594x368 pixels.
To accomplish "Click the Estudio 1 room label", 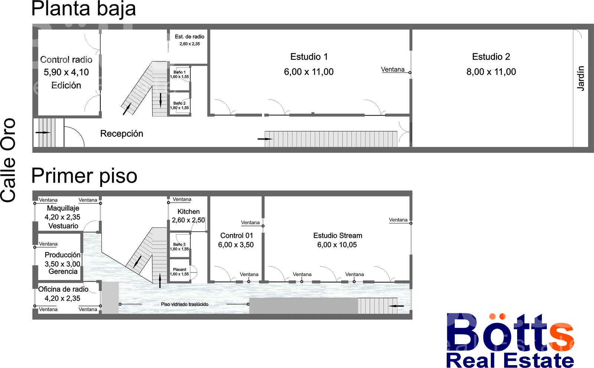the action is point(309,57).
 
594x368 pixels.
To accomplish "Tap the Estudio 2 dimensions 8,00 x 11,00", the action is point(491,72).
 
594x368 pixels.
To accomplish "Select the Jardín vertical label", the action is point(581,78).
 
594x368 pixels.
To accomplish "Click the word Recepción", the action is point(122,133).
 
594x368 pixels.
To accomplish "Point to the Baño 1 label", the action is point(180,72).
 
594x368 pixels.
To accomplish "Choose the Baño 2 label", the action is point(180,103).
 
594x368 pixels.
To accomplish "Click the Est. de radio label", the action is point(190,37).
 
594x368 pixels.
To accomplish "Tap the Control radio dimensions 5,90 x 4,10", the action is point(66,72).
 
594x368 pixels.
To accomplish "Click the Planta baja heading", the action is point(84,9).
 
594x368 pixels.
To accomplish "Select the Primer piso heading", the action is point(84,176).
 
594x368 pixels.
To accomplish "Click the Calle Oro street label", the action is point(8,160).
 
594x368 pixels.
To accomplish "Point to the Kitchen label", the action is point(189,212).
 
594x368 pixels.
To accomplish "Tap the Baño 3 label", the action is point(180,244).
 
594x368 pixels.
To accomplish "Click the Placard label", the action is point(180,269).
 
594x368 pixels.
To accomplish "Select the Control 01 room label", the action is point(236,236).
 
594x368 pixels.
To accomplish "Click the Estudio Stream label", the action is point(337,236).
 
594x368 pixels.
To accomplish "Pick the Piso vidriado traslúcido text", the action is point(185,304).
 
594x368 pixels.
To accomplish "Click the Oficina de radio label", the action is point(63,289).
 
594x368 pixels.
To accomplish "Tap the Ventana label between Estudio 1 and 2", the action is point(393,70).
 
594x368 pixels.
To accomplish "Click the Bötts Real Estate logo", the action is point(510,340).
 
